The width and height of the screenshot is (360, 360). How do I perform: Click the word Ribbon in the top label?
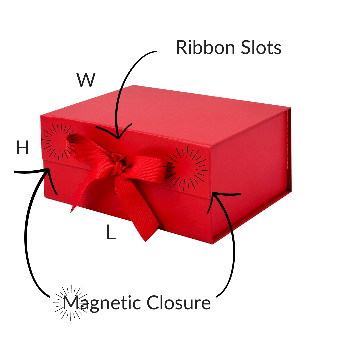(202, 48)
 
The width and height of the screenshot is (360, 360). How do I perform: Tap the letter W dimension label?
(86, 80)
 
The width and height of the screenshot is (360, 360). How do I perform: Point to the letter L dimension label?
(111, 233)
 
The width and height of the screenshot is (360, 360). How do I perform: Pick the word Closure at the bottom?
(179, 303)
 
